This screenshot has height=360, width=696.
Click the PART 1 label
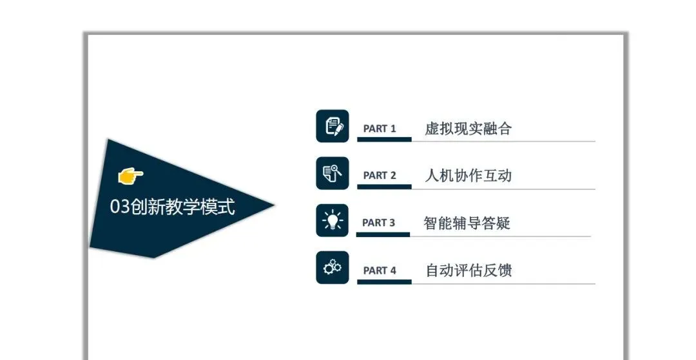pos(380,128)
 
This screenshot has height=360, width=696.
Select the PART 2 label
pos(380,175)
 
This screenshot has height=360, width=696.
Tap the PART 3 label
pos(378,223)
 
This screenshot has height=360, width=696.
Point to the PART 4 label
pos(380,270)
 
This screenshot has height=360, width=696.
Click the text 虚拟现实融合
pos(468,128)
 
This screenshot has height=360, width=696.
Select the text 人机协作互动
pos(468,175)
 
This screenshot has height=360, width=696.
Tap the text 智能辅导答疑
pos(467,223)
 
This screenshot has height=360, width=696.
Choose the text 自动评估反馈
pos(468,270)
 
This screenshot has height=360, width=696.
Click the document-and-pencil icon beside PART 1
pos(333,126)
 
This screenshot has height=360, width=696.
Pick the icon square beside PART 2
pos(333,173)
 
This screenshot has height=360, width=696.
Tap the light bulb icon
pos(333,220)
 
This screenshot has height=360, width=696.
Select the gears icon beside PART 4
pos(333,267)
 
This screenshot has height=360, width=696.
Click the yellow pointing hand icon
pos(130,175)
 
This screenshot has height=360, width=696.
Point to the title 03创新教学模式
pos(173,207)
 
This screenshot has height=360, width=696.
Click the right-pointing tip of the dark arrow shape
pos(273,206)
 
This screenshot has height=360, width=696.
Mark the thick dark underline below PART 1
pos(384,139)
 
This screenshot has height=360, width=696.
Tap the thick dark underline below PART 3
pos(383,234)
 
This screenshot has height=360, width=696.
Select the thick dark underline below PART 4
pos(384,281)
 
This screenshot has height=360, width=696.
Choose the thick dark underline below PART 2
pos(384,187)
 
